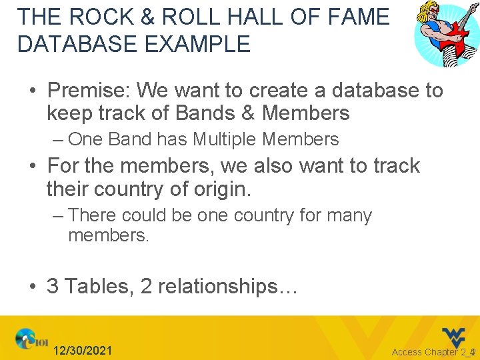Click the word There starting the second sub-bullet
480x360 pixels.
pyautogui.click(x=93, y=215)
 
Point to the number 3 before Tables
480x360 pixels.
pyautogui.click(x=53, y=287)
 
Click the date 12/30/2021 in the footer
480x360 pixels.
pyautogui.click(x=83, y=351)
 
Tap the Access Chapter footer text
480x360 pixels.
pyautogui.click(x=429, y=352)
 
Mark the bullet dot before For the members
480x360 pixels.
pyautogui.click(x=33, y=166)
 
